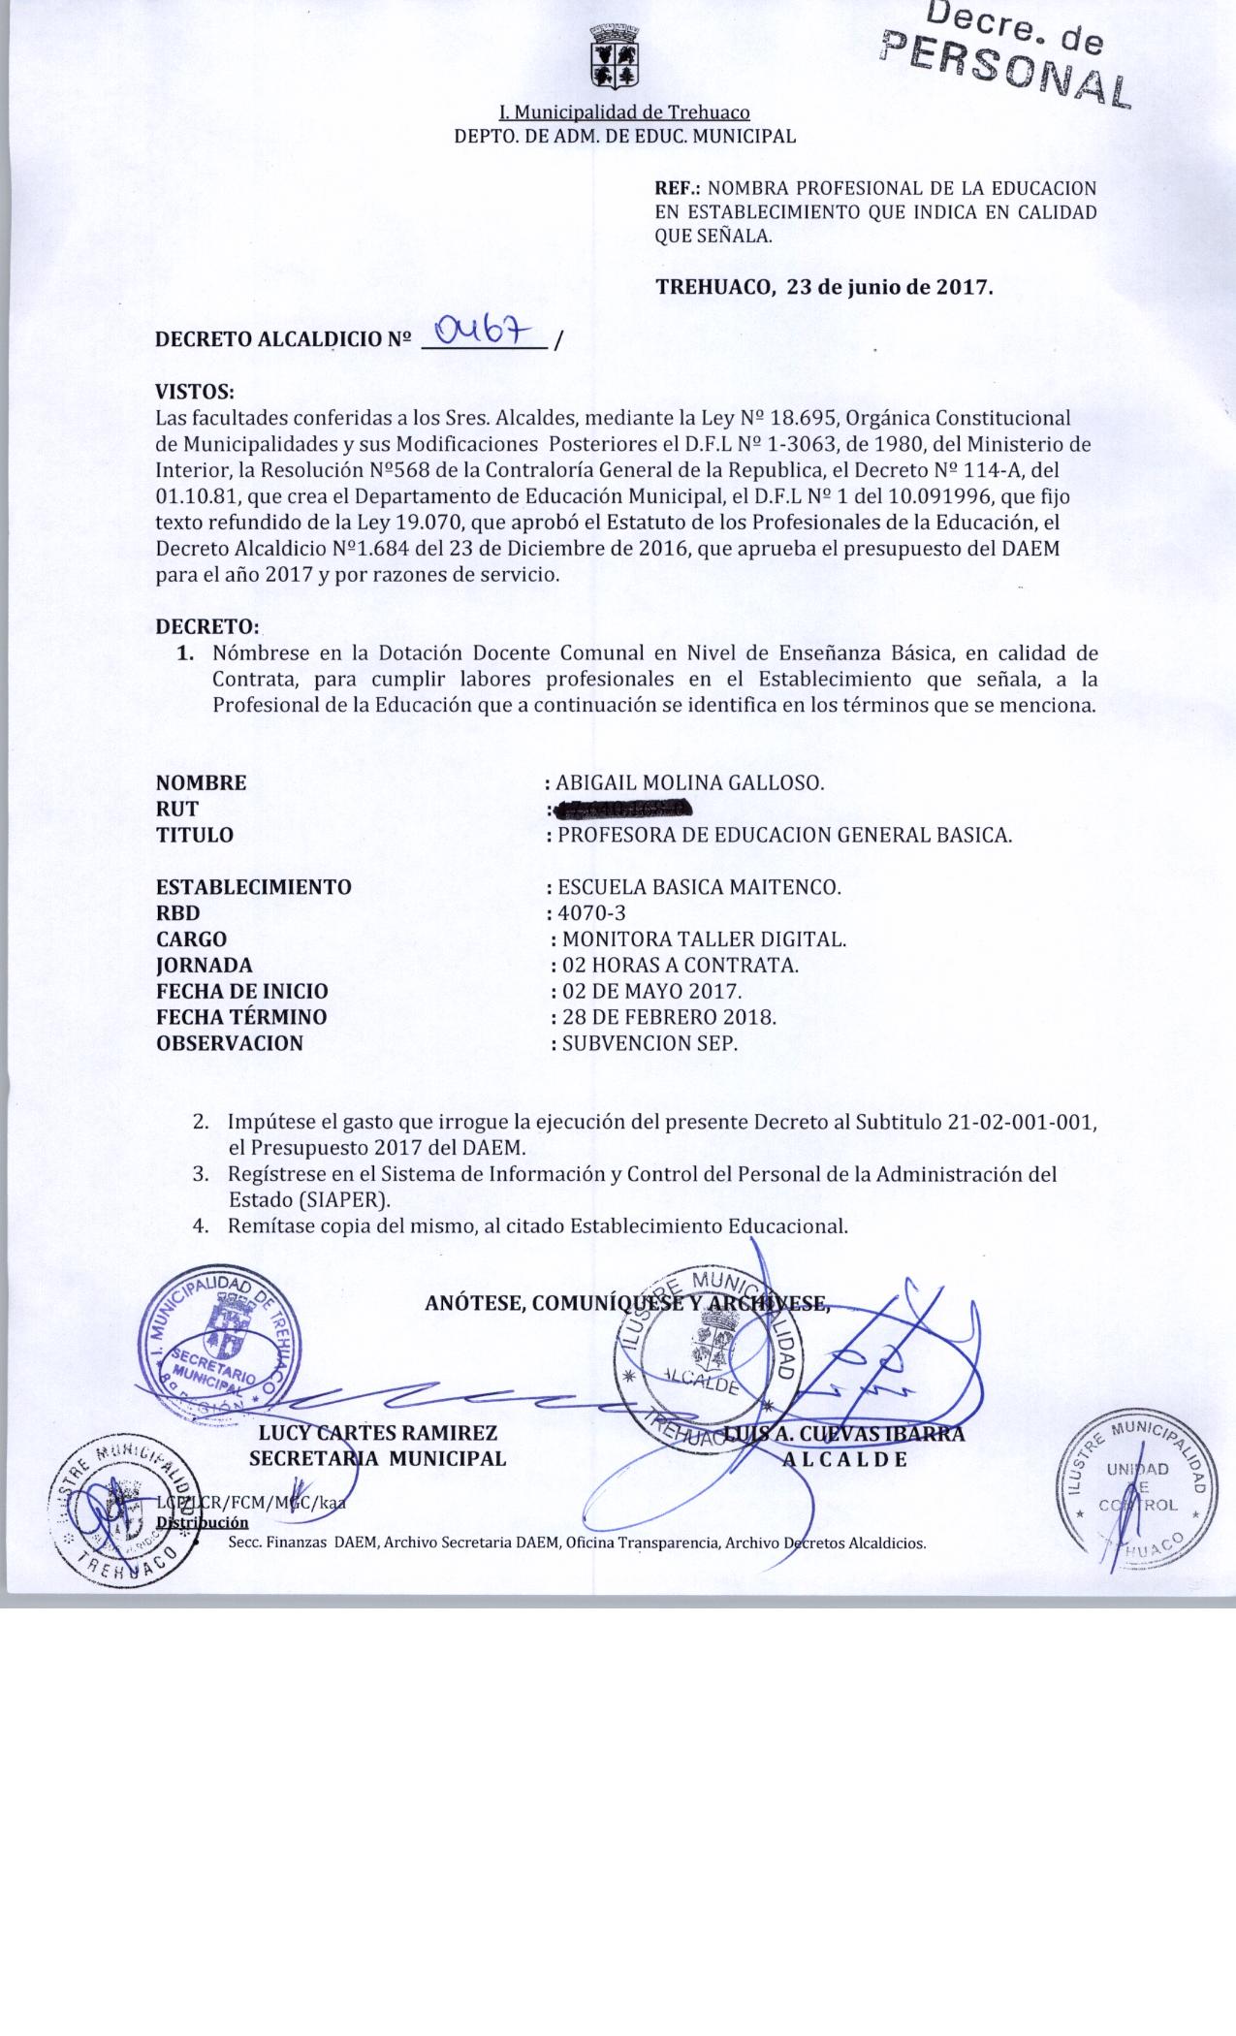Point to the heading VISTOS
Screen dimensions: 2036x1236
195,393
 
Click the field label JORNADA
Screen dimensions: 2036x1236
204,965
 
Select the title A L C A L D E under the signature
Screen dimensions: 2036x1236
844,1459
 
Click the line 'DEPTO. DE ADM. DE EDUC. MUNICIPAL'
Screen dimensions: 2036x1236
625,136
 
